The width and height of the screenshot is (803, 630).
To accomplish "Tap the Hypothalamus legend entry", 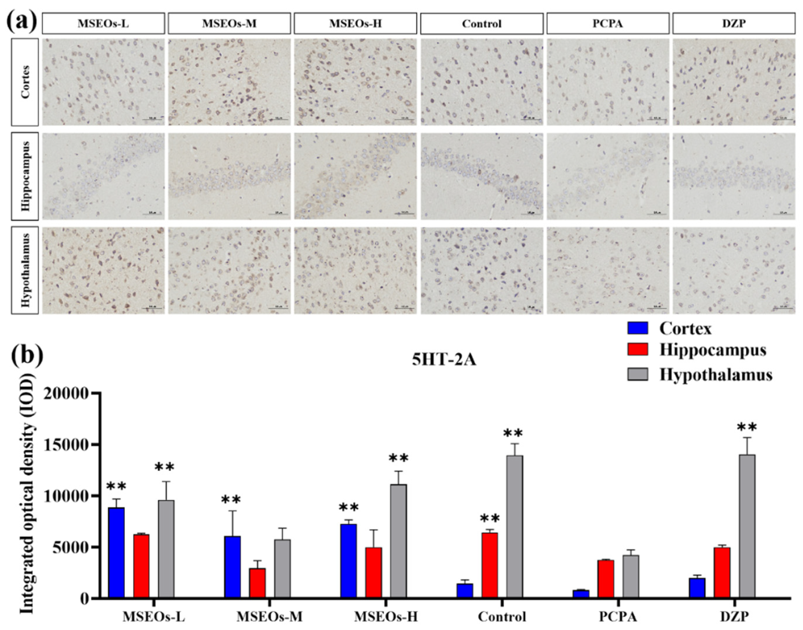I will (715, 375).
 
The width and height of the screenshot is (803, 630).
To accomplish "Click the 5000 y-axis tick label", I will (70, 547).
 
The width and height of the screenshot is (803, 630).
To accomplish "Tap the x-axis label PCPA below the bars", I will (618, 617).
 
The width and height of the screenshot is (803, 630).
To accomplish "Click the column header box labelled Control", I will (482, 24).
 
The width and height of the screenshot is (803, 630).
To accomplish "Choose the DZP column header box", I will (734, 23).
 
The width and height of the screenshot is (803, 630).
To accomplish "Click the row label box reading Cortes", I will (25, 82).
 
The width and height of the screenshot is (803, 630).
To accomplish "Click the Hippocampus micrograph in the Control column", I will (482, 176).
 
